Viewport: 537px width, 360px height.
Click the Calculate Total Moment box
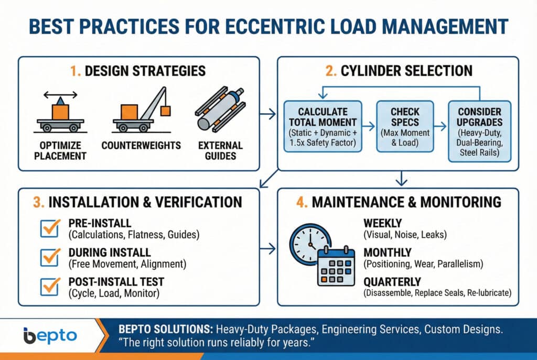tap(323, 127)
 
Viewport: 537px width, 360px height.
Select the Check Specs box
tap(405, 127)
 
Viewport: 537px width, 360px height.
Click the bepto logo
tap(50, 336)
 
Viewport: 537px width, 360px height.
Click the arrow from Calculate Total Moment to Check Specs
tap(369, 127)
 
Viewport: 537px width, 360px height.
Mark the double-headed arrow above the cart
tap(60, 95)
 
